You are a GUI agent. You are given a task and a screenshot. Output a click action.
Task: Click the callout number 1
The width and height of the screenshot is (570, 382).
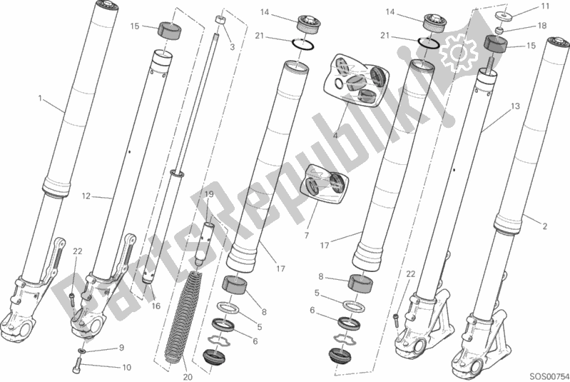coord(40,99)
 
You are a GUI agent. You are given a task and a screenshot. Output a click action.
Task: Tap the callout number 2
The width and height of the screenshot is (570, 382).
coord(544,226)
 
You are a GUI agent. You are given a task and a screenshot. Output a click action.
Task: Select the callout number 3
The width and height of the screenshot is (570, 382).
coord(233,47)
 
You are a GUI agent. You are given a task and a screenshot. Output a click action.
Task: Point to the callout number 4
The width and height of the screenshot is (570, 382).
coord(335,136)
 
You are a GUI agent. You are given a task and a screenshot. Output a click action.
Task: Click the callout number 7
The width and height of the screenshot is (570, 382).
coord(307,236)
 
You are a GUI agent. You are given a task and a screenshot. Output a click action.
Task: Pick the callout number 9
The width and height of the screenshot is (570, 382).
coord(122,348)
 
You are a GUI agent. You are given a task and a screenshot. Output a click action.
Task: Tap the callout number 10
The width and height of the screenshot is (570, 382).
coord(126,368)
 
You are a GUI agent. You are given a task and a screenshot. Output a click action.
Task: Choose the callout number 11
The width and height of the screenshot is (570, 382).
coord(545,6)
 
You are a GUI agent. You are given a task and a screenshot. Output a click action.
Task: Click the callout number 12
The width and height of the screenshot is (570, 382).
coord(86,196)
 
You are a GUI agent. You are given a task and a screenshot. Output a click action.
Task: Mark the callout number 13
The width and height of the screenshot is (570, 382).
coord(515,106)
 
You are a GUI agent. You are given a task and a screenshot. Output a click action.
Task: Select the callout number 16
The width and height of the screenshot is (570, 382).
coord(156,306)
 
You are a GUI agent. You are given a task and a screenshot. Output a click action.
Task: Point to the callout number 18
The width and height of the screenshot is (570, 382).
coord(541,26)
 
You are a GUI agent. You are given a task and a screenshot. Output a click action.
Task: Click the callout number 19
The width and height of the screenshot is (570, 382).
coord(208,195)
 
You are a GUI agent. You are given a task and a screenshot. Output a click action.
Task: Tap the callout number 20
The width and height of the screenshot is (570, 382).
coord(188,377)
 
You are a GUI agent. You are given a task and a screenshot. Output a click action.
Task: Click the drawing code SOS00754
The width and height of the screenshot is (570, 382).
coord(549,376)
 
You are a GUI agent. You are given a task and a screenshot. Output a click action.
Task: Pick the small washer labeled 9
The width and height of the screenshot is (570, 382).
coord(83,351)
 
